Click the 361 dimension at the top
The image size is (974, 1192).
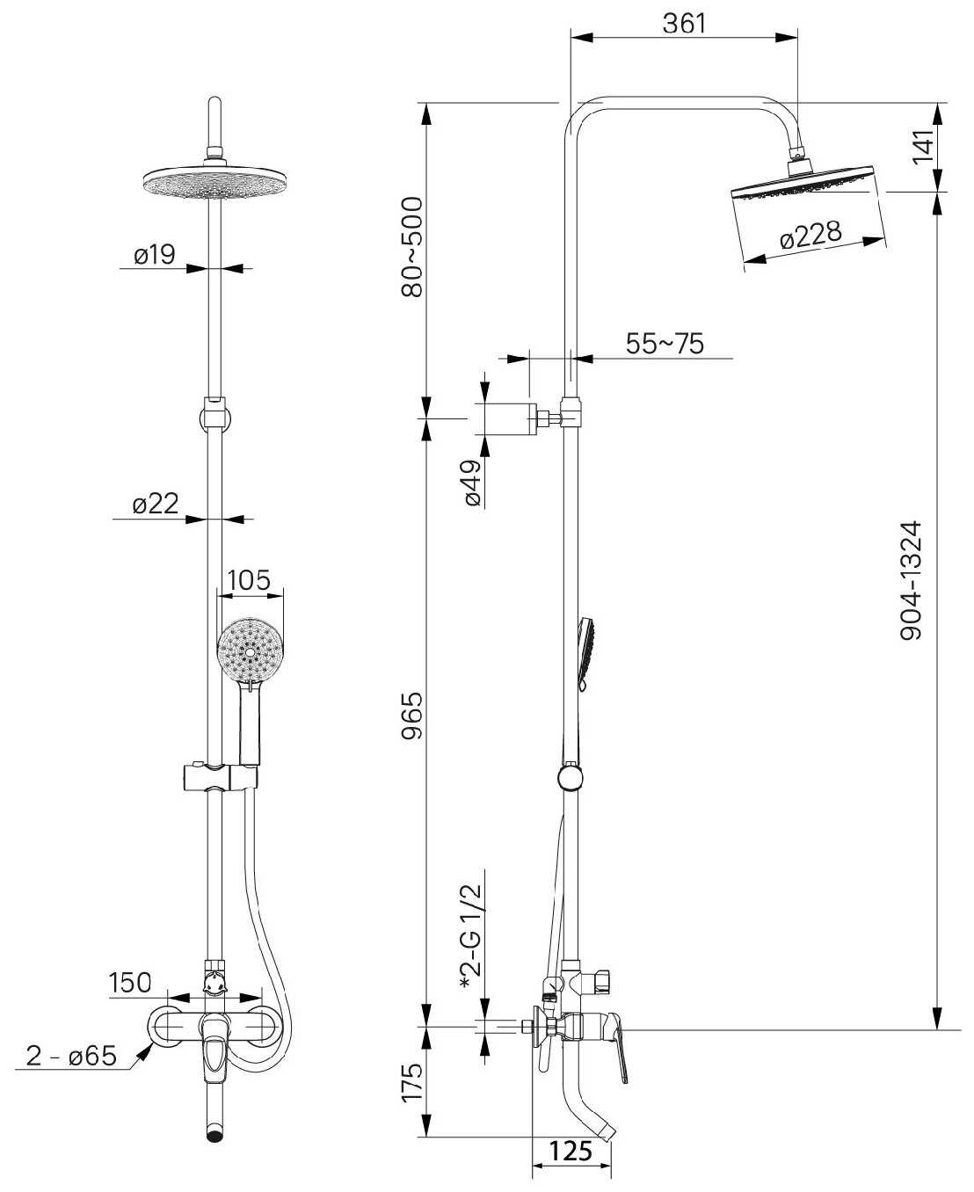point(684,24)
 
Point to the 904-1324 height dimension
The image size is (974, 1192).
point(912,580)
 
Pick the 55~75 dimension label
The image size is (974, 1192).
point(665,344)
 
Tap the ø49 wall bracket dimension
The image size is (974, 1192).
point(472,483)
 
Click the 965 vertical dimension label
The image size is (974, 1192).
point(411,716)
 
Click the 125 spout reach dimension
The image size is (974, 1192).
point(571,1151)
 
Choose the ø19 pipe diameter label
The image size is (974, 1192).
point(154,255)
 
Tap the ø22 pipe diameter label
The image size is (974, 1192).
point(155,505)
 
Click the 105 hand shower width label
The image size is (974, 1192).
point(250,580)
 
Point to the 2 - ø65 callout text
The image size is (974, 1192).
point(71,1056)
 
